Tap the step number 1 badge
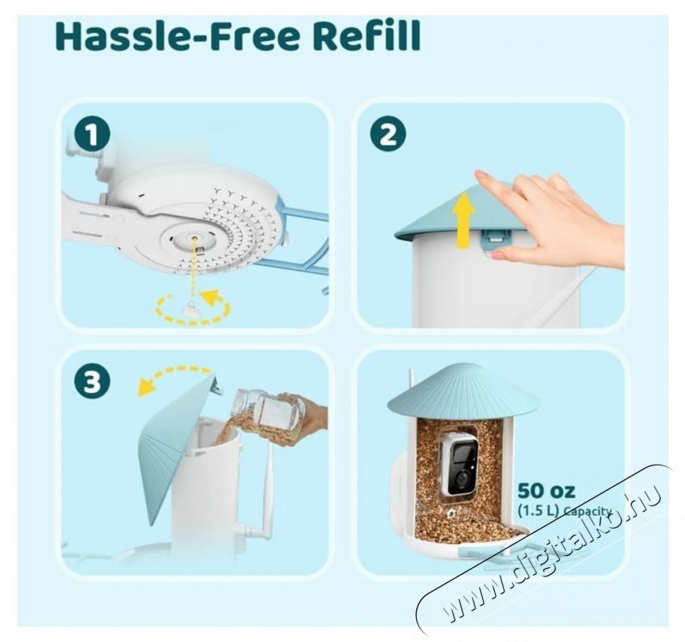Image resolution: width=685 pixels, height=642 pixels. pos(92,136)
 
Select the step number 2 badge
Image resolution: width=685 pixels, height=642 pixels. pos(387,135)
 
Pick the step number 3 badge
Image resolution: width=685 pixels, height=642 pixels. pos(92,383)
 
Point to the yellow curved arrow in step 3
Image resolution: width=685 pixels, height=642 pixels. pos(174,378)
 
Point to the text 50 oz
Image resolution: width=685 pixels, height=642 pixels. pos(546,492)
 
